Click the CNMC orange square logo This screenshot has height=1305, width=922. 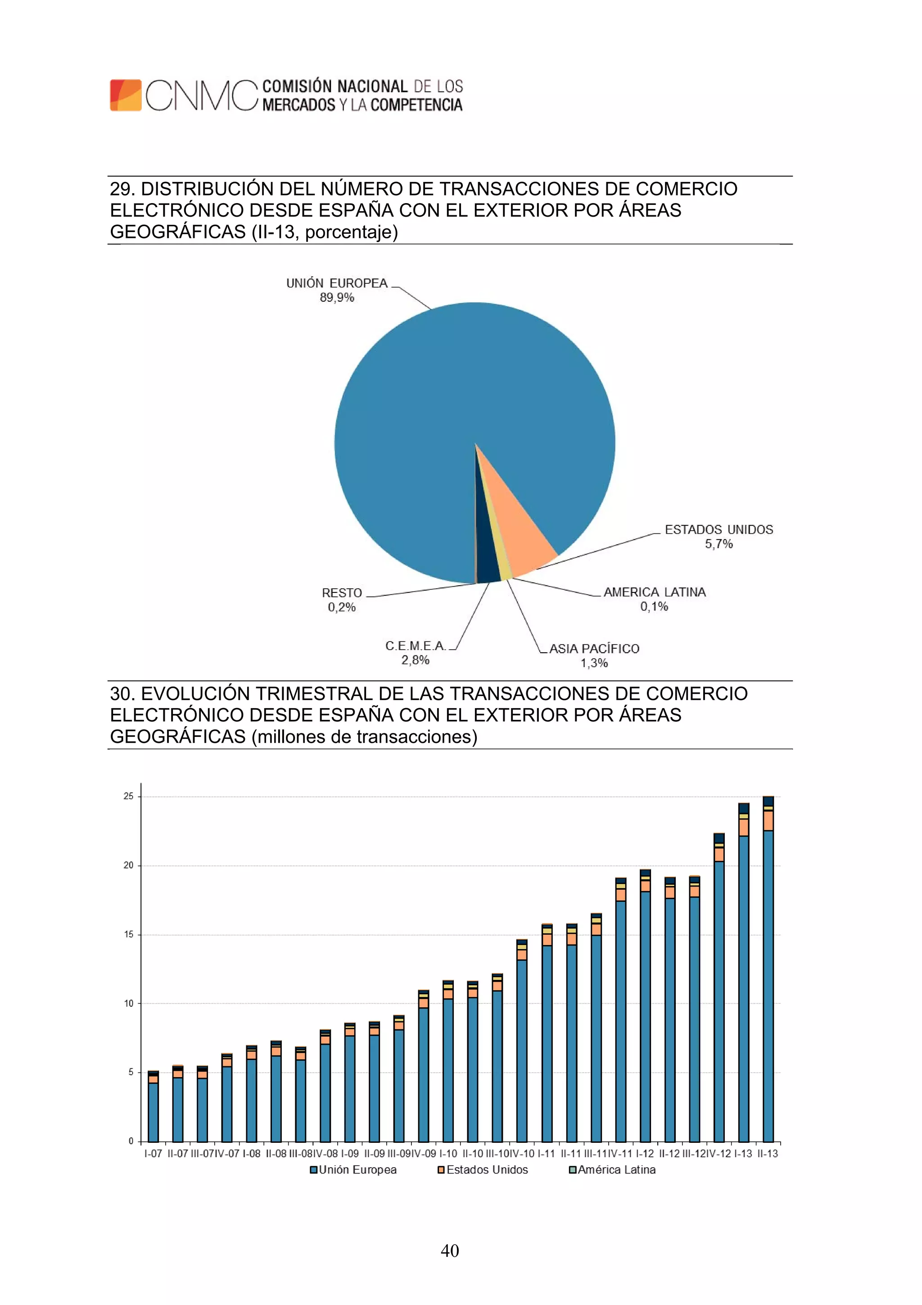126,95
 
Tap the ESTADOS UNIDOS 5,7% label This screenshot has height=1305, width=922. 719,536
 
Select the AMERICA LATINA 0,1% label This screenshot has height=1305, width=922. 655,599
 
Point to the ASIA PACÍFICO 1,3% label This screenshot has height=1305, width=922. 594,655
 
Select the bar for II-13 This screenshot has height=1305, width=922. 768,969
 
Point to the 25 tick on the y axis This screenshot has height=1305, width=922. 128,796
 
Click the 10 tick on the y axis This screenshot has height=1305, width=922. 128,1003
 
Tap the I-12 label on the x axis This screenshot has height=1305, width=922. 645,1153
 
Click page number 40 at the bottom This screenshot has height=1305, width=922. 450,1250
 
